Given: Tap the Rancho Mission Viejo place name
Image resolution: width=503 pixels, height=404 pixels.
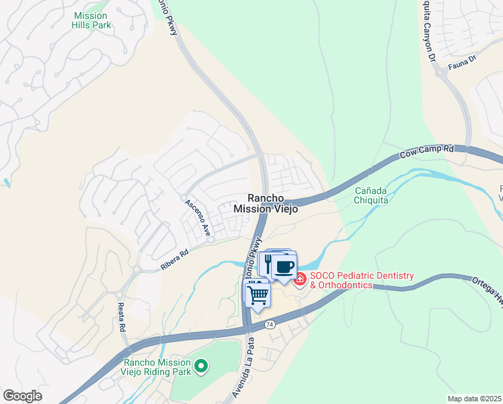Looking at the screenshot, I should pos(265,203).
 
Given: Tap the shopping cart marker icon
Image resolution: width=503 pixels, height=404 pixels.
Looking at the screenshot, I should pos(258,294).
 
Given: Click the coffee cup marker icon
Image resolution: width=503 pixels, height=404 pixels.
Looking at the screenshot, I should pos(284,265).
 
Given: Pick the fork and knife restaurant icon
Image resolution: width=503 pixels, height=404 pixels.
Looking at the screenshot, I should pos(268,263).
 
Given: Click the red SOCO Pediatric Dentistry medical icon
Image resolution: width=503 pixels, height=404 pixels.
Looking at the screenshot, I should pos(299,279).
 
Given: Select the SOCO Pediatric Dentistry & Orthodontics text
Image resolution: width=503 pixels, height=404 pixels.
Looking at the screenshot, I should pos(361,281).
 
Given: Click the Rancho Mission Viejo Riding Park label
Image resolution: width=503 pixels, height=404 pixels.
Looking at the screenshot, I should pos(157,367).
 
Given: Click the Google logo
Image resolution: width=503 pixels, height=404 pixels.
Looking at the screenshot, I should pos(22,396).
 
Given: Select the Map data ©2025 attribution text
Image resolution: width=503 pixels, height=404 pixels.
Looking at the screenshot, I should pos(474,399).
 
